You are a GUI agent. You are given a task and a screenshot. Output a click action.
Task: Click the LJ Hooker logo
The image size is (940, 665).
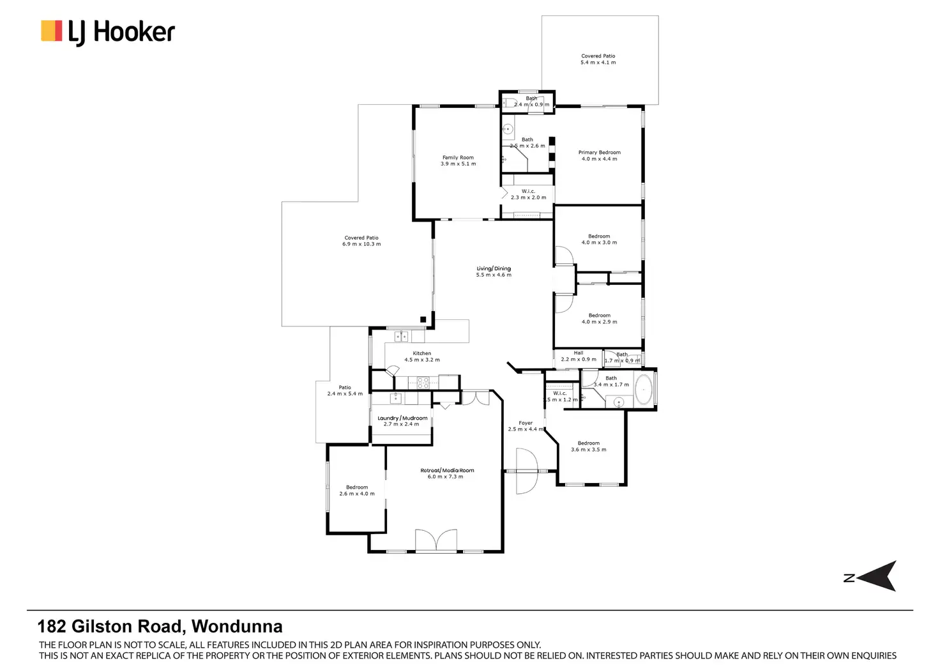click(x=108, y=32)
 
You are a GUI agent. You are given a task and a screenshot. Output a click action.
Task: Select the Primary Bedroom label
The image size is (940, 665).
click(x=599, y=153)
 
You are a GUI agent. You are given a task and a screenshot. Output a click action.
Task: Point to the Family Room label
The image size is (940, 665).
click(x=458, y=158)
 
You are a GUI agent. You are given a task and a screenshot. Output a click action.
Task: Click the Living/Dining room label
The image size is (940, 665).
click(x=494, y=269)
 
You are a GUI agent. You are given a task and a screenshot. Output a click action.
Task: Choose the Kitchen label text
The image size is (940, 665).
click(x=421, y=353)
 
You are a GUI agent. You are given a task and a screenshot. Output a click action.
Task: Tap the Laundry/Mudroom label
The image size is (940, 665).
click(x=402, y=418)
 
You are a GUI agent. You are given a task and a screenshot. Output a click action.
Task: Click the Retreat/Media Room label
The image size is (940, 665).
click(x=447, y=471)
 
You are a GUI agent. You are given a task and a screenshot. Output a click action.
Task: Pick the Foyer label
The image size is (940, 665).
click(x=526, y=423)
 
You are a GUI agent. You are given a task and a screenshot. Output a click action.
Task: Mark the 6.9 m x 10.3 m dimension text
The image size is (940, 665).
click(x=361, y=244)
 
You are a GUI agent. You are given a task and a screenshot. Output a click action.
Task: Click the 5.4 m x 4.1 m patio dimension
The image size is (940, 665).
click(x=598, y=63)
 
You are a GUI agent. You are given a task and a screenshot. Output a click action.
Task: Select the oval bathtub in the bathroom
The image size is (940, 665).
click(x=643, y=390)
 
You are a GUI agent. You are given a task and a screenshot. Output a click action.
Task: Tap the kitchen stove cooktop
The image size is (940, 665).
click(x=423, y=383)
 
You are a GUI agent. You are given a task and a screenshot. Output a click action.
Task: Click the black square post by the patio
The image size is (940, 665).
click(x=423, y=319)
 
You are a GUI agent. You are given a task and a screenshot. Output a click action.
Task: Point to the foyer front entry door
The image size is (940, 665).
click(x=526, y=471)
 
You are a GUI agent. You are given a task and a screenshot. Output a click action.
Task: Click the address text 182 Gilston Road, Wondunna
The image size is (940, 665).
click(x=160, y=627)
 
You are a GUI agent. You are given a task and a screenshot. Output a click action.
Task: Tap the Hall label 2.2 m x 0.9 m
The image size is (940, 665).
click(x=579, y=356)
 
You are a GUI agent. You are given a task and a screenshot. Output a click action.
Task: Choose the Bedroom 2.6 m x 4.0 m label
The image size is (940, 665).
click(x=357, y=491)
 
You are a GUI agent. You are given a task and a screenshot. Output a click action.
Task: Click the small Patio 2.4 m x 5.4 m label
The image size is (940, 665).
click(x=345, y=390)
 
